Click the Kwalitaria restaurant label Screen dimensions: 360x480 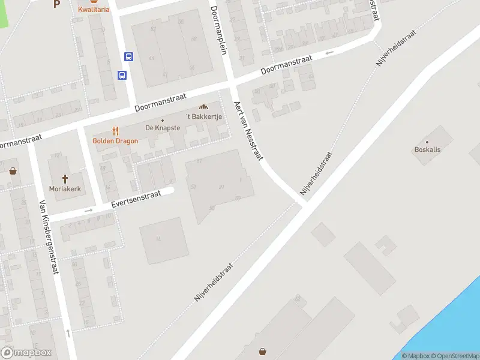click(94, 9)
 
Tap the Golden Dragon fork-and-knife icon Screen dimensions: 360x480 click(116, 131)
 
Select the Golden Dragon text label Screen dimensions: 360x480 click(115, 141)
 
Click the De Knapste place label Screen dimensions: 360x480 click(162, 128)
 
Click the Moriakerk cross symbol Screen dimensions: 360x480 click(66, 178)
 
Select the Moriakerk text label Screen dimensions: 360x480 click(66, 189)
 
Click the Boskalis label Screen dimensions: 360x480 click(427, 149)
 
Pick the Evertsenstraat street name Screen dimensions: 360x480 click(136, 200)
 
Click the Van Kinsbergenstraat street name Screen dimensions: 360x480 click(49, 237)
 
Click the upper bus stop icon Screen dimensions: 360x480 click(128, 56)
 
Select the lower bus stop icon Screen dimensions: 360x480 click(122, 76)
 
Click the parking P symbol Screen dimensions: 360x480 click(57, 4)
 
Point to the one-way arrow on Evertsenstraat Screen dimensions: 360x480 click(89, 211)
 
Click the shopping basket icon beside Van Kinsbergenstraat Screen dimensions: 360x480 click(13, 171)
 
